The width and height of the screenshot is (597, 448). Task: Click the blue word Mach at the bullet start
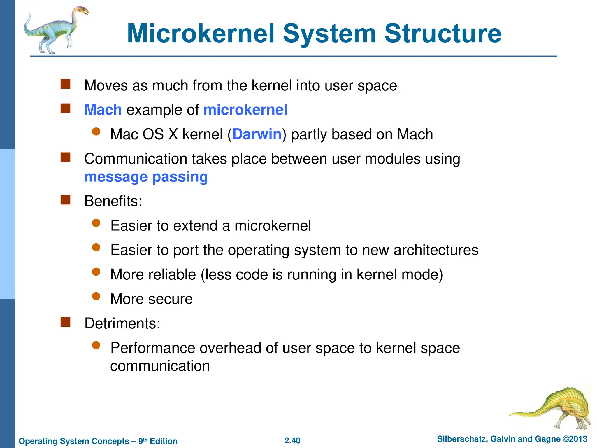click(x=103, y=110)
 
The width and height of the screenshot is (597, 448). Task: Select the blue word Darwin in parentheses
click(x=257, y=134)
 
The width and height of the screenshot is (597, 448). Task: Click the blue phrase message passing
click(x=146, y=177)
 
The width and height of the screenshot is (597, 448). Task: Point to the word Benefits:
click(x=113, y=201)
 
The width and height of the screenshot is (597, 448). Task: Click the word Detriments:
click(x=122, y=323)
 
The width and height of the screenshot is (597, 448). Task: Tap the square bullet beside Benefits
click(x=66, y=200)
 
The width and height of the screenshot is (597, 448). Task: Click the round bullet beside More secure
click(x=96, y=297)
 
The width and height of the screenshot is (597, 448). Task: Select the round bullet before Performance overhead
click(x=96, y=346)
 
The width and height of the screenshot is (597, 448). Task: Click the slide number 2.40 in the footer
click(x=292, y=440)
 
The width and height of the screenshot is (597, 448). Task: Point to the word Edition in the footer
click(x=164, y=441)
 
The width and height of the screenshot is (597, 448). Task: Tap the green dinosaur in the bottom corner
click(x=560, y=408)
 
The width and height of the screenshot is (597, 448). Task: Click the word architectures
click(x=436, y=250)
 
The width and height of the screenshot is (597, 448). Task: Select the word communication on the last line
click(x=160, y=366)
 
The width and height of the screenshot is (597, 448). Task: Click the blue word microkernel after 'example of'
click(x=245, y=110)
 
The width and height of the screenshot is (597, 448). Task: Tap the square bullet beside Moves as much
click(x=66, y=84)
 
